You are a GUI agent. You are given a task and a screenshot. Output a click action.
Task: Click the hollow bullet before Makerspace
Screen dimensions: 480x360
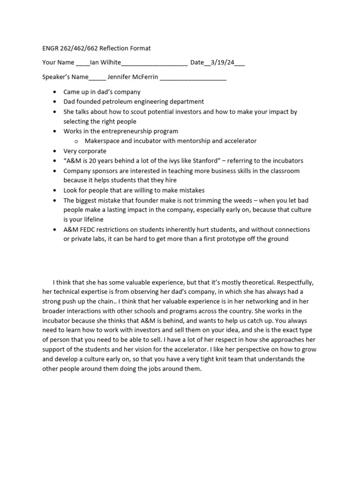tap(75, 141)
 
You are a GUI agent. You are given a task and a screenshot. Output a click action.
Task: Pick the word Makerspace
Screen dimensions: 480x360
tap(103, 141)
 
